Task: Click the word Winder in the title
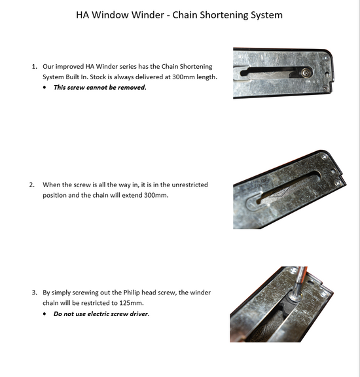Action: click(x=161, y=14)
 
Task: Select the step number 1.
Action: click(x=34, y=67)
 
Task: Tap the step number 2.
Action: click(x=32, y=185)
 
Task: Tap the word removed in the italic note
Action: click(x=131, y=87)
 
